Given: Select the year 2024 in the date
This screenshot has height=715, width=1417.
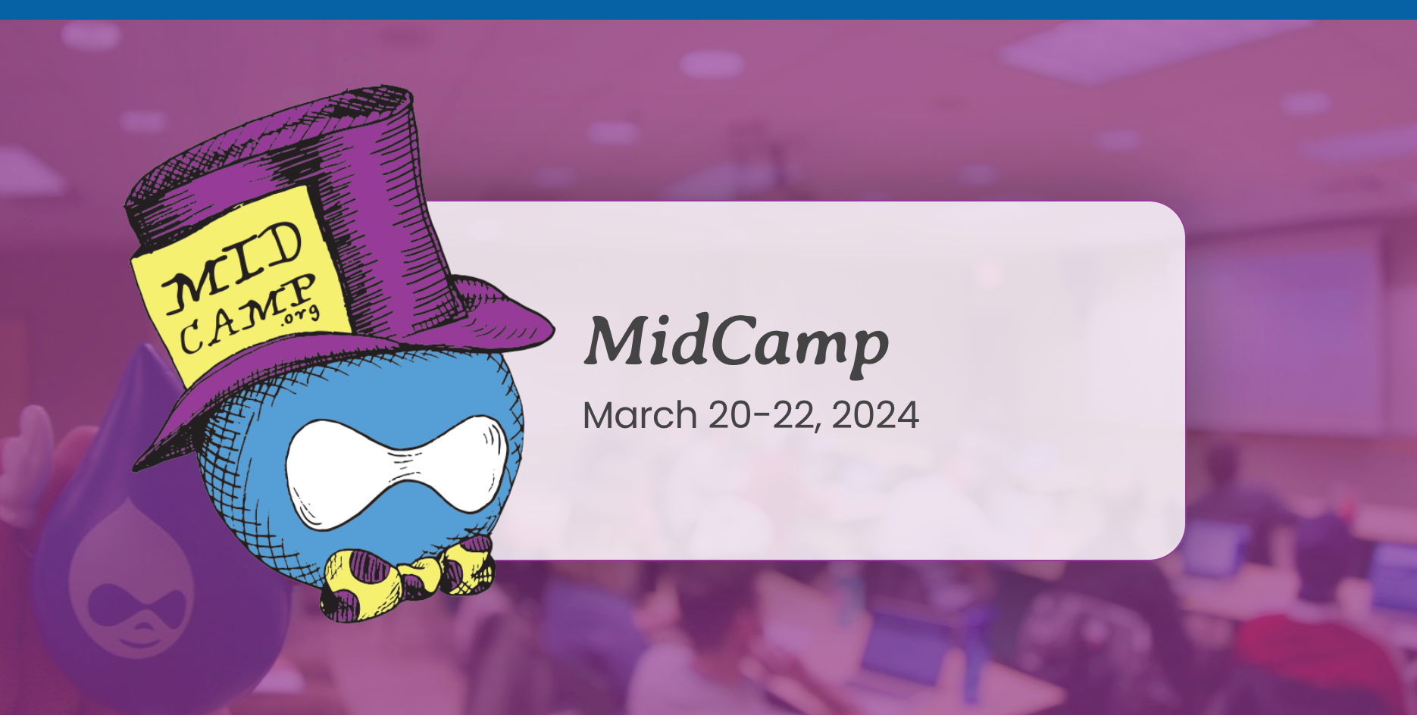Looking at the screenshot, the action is [876, 415].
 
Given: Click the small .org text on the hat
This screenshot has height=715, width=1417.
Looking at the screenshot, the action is [301, 315].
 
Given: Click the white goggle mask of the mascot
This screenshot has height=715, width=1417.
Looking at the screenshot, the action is [396, 471].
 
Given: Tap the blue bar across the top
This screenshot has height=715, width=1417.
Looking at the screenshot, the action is [708, 9].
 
